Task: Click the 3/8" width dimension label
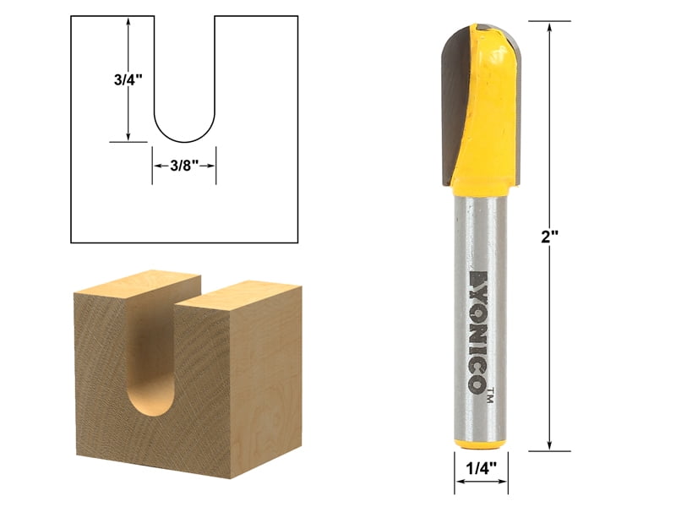[x=183, y=166]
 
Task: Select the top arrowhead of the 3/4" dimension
[x=128, y=20]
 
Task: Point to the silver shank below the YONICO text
[x=480, y=418]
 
